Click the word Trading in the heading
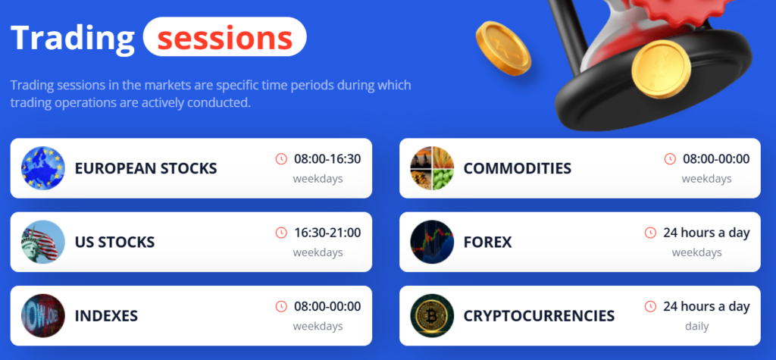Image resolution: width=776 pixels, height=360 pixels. coord(72,38)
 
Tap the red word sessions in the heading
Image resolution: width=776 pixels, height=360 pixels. coord(224,38)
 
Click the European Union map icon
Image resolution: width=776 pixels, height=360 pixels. coord(43,168)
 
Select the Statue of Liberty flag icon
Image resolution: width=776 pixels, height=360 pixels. coord(43,242)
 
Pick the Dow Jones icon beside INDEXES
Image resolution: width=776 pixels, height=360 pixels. coord(43,316)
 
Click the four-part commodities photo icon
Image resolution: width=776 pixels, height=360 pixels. coord(432,168)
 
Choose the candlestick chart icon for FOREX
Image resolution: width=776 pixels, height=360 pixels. coord(432,242)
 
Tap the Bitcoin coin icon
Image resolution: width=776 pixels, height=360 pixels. coord(432,316)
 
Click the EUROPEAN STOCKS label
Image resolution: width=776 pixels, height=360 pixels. coord(146,168)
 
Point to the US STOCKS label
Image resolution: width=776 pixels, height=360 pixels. coord(115,242)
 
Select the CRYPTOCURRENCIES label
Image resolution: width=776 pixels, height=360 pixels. coord(539,316)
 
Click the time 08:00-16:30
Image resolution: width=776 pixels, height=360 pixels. coord(327,159)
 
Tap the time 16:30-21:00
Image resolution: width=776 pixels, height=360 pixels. coord(327,233)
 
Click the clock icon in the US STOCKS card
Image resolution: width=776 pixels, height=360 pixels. coord(281,233)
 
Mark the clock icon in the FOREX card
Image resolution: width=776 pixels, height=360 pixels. coord(650,233)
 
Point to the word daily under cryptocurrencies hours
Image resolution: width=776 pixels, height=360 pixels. coord(697,327)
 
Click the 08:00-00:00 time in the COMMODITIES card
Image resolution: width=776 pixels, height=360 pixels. coord(716,159)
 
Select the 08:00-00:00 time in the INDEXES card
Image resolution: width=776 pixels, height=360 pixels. coord(327,306)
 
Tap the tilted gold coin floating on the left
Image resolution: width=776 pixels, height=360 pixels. coord(503,49)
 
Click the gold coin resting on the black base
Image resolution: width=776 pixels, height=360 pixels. coord(661,69)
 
